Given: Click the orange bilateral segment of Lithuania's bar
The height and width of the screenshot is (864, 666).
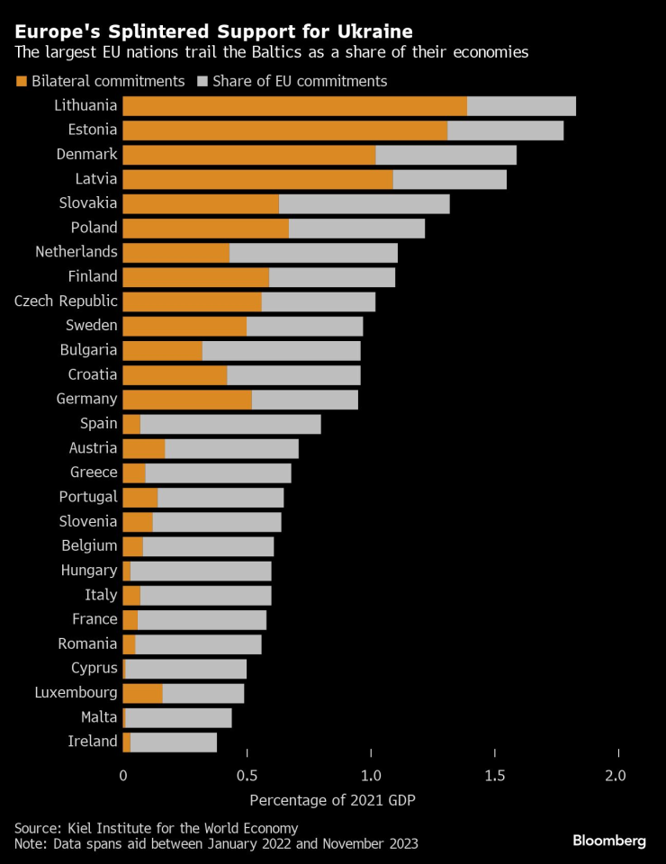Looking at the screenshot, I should point(294,106).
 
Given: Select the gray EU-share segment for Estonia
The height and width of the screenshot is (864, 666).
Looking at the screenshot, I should point(505,130).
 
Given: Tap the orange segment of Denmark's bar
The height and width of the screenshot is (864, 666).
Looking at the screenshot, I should point(248,155).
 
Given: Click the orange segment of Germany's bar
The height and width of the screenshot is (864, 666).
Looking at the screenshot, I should point(187,399).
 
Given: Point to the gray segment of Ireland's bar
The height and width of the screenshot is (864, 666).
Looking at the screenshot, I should point(174,742).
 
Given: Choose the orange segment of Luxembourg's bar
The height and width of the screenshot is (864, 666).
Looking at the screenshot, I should point(142,693).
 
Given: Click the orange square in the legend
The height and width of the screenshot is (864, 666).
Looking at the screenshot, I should point(22,82).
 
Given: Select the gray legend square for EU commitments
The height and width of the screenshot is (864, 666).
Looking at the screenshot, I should point(202,82).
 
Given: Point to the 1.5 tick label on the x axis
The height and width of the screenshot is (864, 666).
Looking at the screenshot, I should point(493,775).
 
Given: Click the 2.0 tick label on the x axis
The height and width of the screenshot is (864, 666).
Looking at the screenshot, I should point(616,775).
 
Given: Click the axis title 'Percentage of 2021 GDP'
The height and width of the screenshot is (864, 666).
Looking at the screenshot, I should point(333,800).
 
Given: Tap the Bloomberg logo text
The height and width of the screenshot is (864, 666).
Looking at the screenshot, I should point(609,841).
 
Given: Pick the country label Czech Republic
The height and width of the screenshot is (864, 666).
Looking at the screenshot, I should point(66,301).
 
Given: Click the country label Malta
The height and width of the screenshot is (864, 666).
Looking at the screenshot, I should point(99,717).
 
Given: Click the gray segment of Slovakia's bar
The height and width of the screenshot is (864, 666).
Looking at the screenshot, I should point(364,203).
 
